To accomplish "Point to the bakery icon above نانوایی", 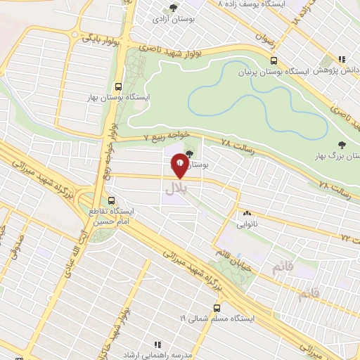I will [x=247, y=213].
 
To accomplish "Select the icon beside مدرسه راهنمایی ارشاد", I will [x=157, y=344].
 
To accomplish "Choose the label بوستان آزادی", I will [x=169, y=20].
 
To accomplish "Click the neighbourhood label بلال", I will [x=176, y=188].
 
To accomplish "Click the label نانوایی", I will [x=247, y=224].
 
